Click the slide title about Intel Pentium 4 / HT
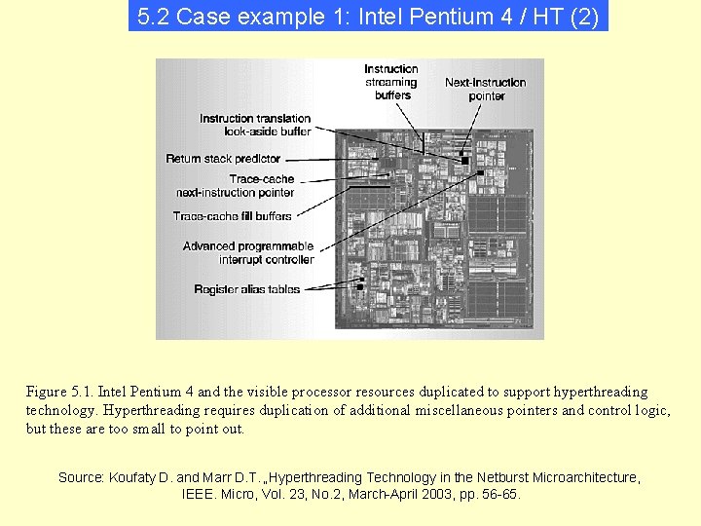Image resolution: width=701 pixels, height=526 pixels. (368, 17)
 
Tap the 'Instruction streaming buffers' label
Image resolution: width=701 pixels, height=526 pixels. (391, 82)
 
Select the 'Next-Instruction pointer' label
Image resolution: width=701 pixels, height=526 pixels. (486, 89)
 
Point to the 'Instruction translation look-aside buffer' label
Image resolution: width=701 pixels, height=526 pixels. (256, 125)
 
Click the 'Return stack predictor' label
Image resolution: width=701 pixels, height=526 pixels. (223, 158)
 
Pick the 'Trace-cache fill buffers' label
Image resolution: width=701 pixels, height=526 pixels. (233, 215)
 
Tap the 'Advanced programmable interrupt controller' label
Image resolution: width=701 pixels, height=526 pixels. (248, 253)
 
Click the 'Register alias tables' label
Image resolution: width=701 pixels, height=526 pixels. (247, 289)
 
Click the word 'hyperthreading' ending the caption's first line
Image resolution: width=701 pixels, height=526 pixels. (600, 392)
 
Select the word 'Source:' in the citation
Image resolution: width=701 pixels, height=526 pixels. (80, 477)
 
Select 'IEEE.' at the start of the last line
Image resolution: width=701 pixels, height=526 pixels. (200, 495)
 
